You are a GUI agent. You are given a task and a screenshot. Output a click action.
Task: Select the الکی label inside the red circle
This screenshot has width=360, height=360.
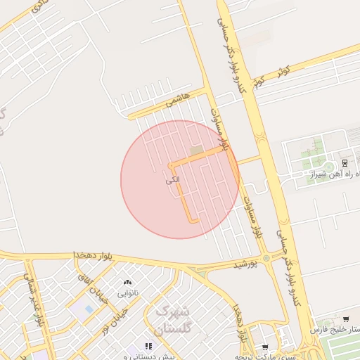(x=173, y=181)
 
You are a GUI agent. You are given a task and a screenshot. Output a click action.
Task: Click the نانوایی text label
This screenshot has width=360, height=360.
(x=127, y=292)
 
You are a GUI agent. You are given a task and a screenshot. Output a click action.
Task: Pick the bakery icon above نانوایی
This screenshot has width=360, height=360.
(x=127, y=282)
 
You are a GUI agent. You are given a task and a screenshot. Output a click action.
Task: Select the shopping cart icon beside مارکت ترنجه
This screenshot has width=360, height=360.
(x=264, y=347)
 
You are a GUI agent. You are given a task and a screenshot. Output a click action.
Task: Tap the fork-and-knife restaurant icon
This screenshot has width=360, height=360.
(x=148, y=346)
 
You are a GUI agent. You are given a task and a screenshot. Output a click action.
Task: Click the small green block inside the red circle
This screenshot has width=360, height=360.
(x=195, y=150)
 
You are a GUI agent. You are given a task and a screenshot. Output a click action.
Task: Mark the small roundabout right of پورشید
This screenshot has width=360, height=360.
(x=266, y=258)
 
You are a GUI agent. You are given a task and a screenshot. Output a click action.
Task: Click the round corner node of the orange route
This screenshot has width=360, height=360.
(x=171, y=165)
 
